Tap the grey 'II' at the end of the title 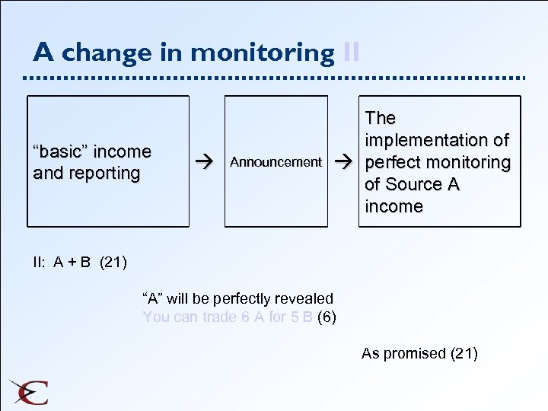(x=351, y=53)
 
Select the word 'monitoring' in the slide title (x=262, y=53)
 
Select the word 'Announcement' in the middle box (x=276, y=162)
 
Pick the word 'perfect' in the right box (x=393, y=162)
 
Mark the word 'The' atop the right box (x=381, y=118)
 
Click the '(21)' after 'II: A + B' (x=113, y=263)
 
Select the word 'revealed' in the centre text (x=304, y=298)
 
